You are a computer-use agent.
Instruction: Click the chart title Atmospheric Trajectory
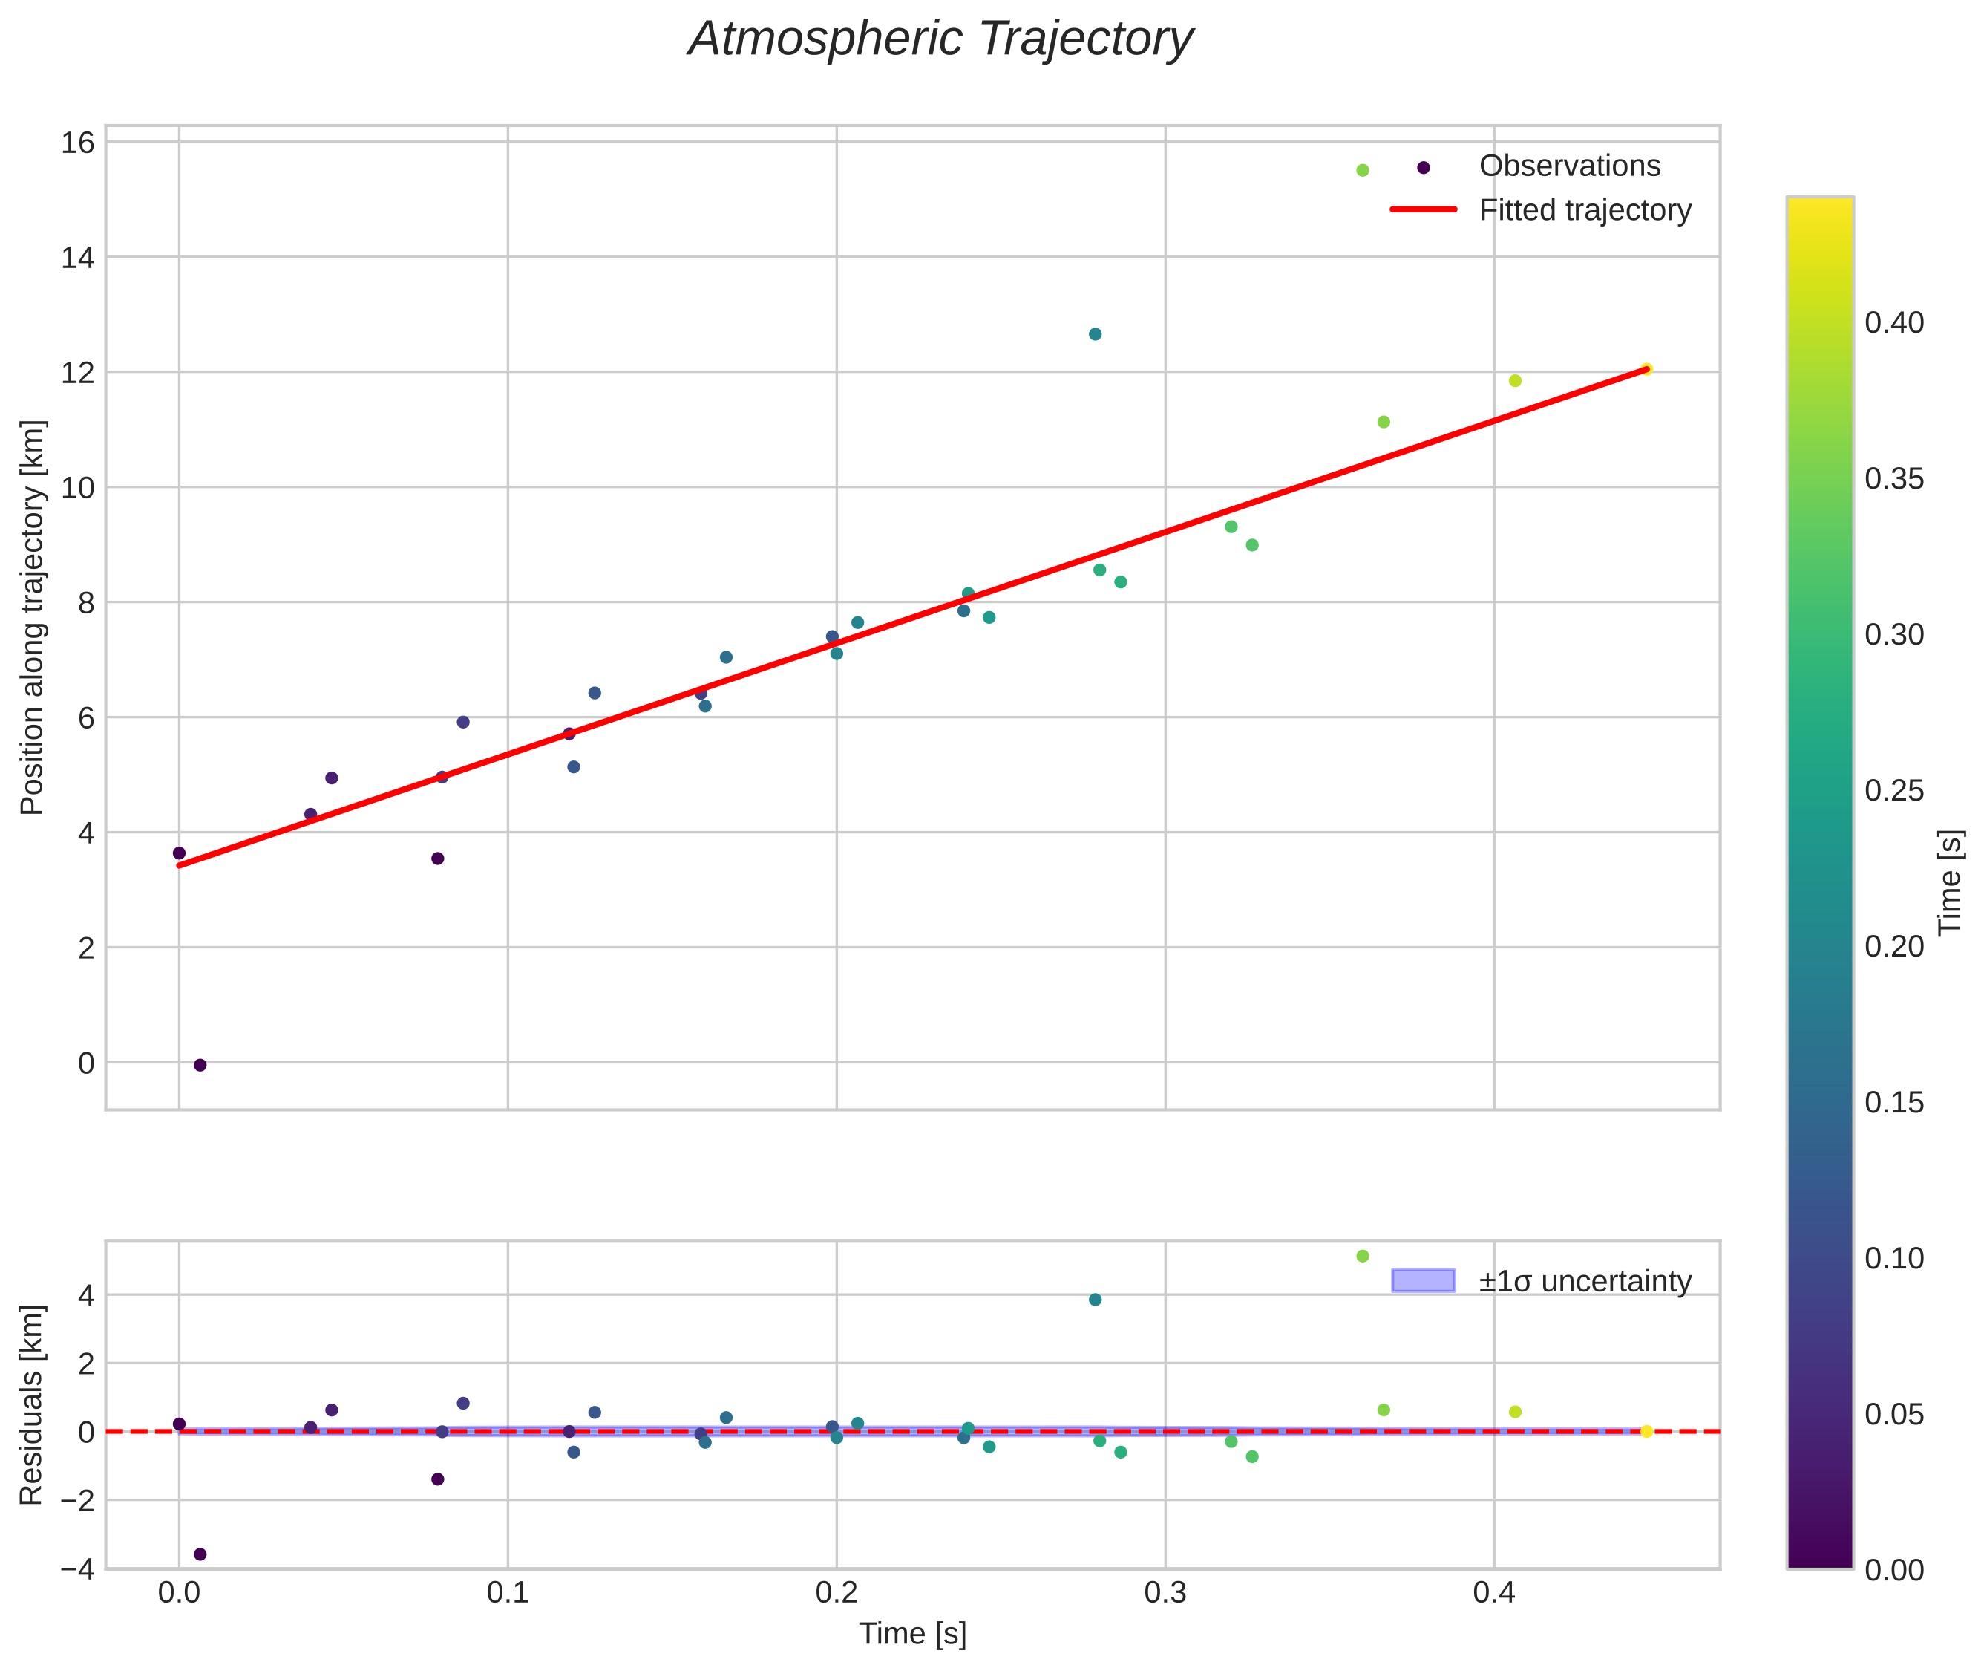pos(940,39)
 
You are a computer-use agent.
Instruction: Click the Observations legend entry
pos(1569,166)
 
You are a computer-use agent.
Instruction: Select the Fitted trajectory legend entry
pos(1584,210)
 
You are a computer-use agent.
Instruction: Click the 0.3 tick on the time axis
pos(1165,1592)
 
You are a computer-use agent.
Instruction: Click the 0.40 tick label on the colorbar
pos(1893,322)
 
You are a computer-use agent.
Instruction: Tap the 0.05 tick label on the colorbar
pos(1893,1413)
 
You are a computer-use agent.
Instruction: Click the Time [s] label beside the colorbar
pos(1950,882)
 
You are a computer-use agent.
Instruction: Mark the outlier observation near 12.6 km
pos(1095,333)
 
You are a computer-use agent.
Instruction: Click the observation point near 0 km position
pos(200,1065)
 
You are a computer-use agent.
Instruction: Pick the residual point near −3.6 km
pos(200,1554)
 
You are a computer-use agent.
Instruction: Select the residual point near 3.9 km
pos(1095,1299)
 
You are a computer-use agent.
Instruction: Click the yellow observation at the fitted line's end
pos(1646,369)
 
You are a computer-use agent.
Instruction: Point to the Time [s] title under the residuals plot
pos(912,1633)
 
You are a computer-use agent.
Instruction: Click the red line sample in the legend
pos(1423,210)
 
